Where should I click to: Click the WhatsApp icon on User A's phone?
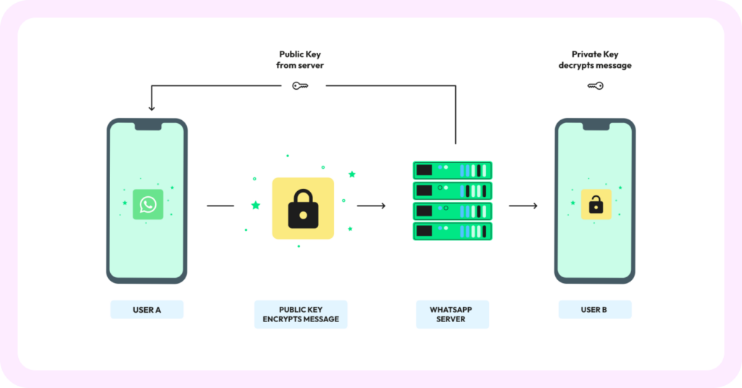point(148,205)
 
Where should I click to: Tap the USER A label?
point(147,310)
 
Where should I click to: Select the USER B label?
point(595,310)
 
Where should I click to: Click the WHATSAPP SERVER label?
point(453,314)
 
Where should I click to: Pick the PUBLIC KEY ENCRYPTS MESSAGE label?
point(301,314)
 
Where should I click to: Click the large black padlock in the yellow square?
point(303,209)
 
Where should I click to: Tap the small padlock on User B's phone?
point(596,206)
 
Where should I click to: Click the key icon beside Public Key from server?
point(301,85)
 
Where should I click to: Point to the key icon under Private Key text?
point(595,85)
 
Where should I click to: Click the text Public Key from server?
point(301,60)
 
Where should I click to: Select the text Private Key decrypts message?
point(595,60)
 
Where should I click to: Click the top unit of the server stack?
point(453,171)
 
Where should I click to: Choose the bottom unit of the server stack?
point(453,232)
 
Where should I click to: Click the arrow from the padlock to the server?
point(372,206)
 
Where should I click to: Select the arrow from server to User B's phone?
point(523,206)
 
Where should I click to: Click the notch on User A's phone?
point(147,126)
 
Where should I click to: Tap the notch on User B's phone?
point(595,126)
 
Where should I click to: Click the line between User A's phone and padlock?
point(220,206)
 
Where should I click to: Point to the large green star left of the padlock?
point(255,206)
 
